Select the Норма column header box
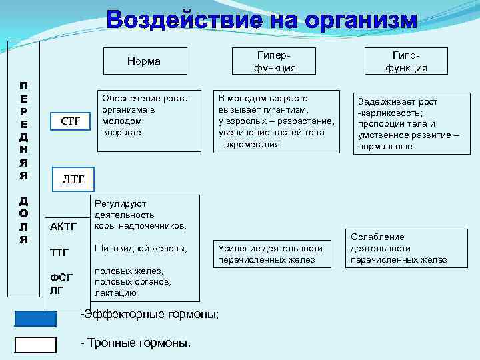[x=143, y=61]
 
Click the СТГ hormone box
[x=70, y=121]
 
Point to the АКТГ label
[x=65, y=227]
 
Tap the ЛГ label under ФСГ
[x=57, y=290]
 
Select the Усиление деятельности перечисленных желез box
[x=271, y=254]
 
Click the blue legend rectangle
[x=35, y=319]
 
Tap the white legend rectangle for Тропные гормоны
[x=35, y=344]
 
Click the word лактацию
[x=116, y=293]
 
